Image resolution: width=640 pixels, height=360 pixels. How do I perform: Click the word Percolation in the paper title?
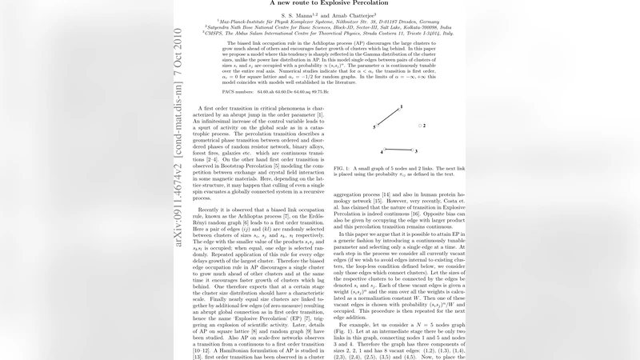[369, 3]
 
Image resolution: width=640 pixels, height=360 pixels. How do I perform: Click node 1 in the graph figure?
[399, 108]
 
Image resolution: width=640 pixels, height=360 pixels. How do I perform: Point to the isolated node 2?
[420, 126]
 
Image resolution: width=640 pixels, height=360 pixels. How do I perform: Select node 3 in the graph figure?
[410, 150]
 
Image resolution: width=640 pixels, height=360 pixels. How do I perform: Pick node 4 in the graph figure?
[385, 150]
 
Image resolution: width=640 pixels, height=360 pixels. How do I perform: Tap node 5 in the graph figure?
[377, 126]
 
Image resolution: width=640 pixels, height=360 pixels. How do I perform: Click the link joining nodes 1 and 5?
[389, 117]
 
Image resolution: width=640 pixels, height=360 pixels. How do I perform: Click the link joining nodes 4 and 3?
[398, 150]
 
